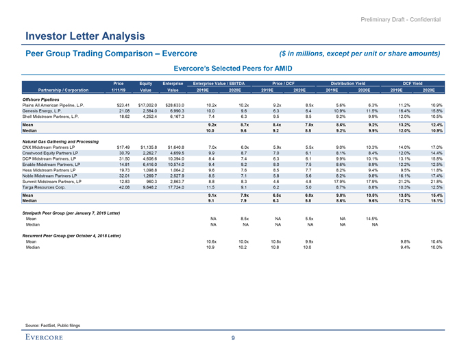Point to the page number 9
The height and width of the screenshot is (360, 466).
[x=233, y=338]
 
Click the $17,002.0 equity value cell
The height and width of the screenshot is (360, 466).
[x=148, y=104]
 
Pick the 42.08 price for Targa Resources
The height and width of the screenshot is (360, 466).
[x=123, y=168]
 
